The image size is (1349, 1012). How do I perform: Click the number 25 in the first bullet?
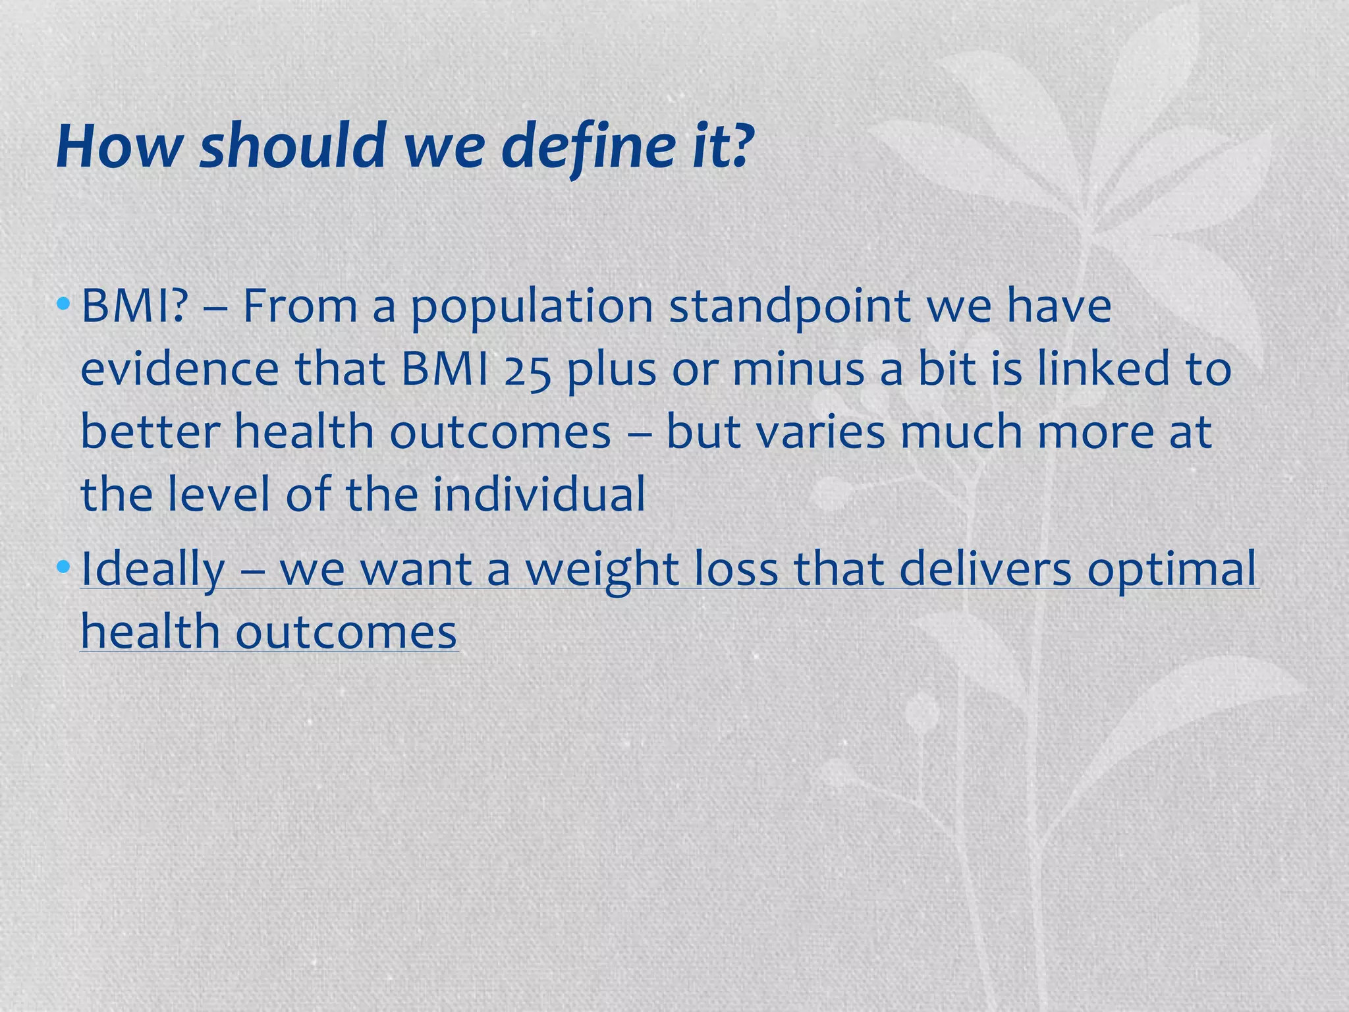[x=526, y=370]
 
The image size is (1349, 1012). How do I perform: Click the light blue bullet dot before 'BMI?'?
[x=63, y=304]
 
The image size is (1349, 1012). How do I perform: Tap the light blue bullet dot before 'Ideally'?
[x=63, y=566]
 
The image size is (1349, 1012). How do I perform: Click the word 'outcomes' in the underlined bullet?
[x=346, y=632]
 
